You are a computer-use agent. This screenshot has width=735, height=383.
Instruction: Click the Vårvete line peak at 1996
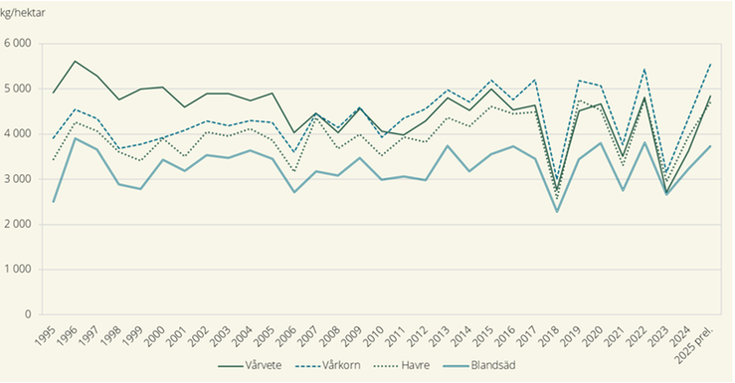click(x=75, y=61)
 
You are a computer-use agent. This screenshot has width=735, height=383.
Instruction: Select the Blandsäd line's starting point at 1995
click(x=53, y=202)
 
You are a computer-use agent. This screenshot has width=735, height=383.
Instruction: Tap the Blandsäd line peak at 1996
click(x=75, y=138)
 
